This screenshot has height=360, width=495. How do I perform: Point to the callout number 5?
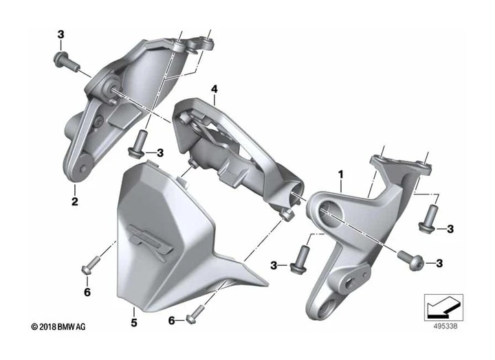tap(134, 321)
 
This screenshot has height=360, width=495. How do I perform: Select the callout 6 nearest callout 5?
tap(172, 321)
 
